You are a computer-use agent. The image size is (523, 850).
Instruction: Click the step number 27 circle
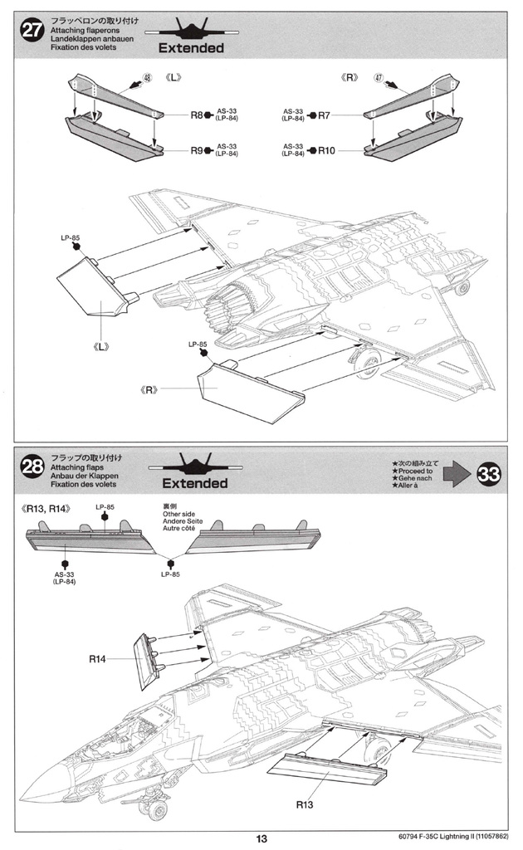tap(32, 30)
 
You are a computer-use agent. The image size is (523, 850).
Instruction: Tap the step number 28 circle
tap(32, 467)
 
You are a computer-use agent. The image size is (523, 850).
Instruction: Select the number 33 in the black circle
tap(488, 474)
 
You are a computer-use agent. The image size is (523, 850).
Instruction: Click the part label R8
tap(196, 115)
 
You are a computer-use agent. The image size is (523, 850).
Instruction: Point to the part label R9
tap(196, 150)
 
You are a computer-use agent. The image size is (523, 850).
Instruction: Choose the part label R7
tap(324, 115)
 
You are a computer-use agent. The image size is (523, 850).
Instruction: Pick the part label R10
tap(326, 150)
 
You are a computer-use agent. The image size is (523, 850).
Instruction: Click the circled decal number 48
tap(148, 77)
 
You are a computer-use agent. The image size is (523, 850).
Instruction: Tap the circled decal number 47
tap(379, 77)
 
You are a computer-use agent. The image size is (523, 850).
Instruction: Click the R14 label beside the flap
tap(97, 658)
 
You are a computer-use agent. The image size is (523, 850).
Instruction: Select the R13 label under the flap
tap(305, 804)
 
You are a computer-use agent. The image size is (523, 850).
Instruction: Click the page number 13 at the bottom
tap(261, 838)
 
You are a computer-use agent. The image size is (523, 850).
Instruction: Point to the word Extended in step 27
tap(191, 47)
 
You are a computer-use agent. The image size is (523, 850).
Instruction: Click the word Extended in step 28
tap(194, 483)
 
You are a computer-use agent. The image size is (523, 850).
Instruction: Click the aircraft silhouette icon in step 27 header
tap(191, 29)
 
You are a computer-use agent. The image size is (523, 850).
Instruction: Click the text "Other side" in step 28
tap(178, 514)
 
